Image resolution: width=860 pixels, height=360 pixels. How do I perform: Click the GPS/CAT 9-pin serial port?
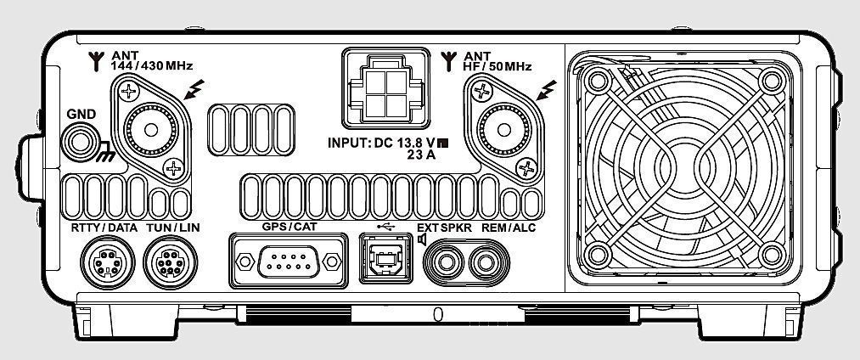pyautogui.click(x=288, y=263)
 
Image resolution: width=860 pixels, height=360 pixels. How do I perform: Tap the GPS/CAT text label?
pyautogui.click(x=287, y=228)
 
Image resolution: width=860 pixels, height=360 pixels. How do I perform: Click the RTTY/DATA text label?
pyautogui.click(x=98, y=228)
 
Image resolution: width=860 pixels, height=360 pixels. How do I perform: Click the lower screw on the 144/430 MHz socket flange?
pyautogui.click(x=175, y=167)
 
